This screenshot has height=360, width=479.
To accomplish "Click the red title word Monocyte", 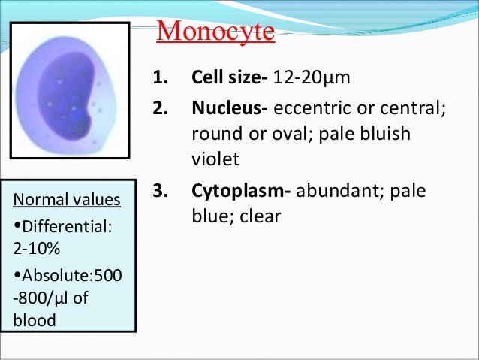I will (x=215, y=33).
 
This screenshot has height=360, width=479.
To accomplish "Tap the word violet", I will (x=215, y=159).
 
